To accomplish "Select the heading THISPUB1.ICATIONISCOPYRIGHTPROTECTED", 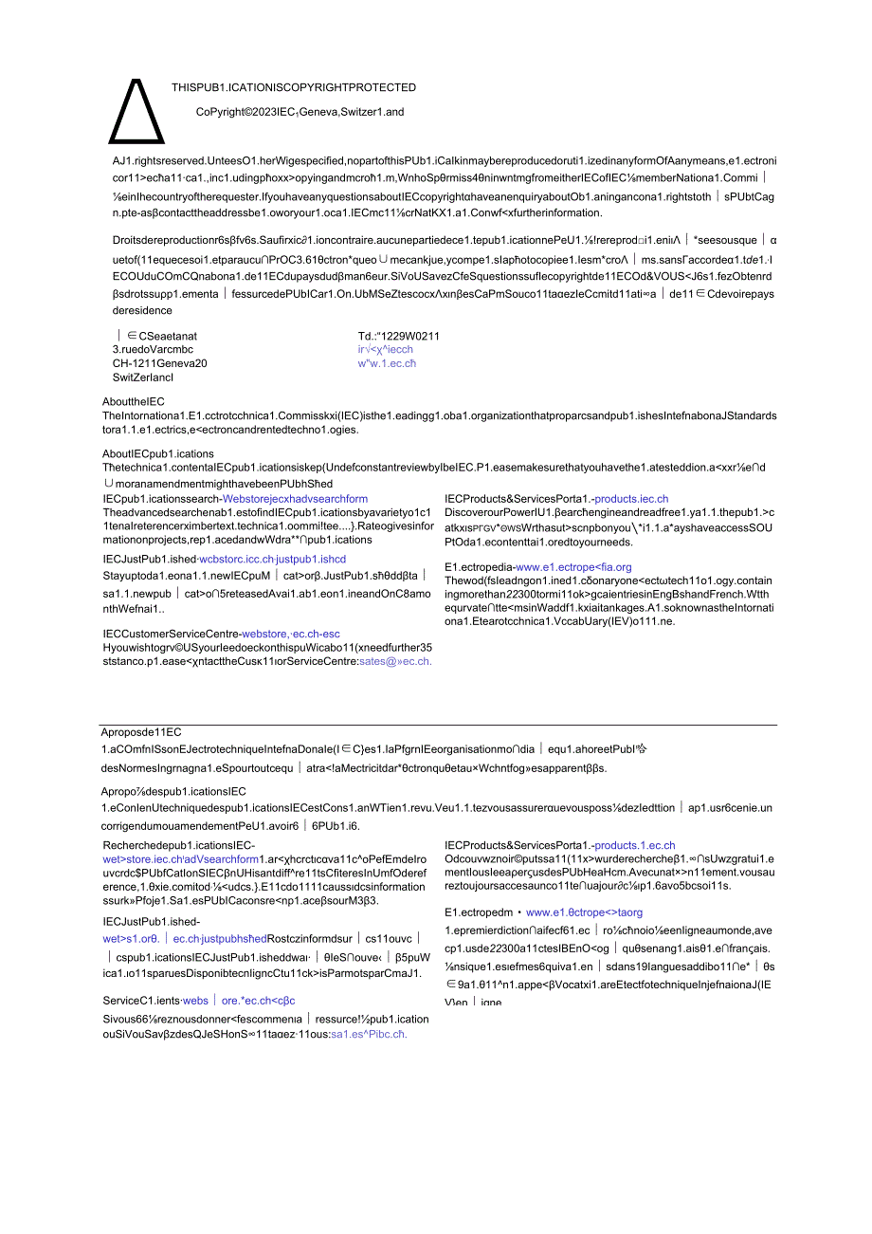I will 294,87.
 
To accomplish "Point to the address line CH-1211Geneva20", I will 160,363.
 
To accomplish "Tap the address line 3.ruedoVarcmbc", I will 153,349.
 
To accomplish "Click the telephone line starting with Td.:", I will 398,336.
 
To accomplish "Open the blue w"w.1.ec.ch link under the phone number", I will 387,363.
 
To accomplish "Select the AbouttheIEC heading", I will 133,401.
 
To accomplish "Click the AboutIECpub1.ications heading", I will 158,453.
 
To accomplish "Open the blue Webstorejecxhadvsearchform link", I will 295,498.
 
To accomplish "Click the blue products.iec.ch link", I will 631,498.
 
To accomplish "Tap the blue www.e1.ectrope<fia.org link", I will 573,567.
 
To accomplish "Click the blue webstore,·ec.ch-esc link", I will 290,634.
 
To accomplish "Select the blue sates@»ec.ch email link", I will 395,661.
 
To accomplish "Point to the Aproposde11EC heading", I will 141,732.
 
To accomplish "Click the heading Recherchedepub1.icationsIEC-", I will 178,844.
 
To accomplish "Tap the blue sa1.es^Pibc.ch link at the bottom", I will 369,1034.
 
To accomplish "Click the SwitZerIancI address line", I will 142,378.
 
